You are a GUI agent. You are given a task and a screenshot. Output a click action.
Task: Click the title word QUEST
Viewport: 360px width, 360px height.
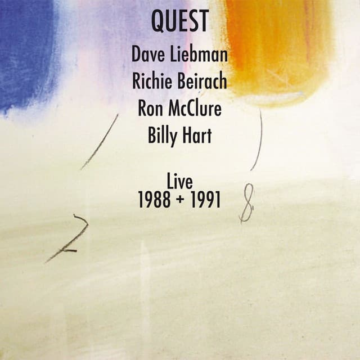(x=179, y=22)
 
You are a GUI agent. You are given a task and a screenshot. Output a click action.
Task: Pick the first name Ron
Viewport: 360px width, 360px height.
(x=150, y=109)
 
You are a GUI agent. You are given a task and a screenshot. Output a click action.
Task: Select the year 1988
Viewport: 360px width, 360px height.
(x=154, y=200)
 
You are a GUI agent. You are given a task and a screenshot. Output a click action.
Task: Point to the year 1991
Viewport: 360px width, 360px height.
(x=205, y=200)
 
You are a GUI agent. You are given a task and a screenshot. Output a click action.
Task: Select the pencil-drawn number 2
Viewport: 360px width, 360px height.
(x=70, y=236)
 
